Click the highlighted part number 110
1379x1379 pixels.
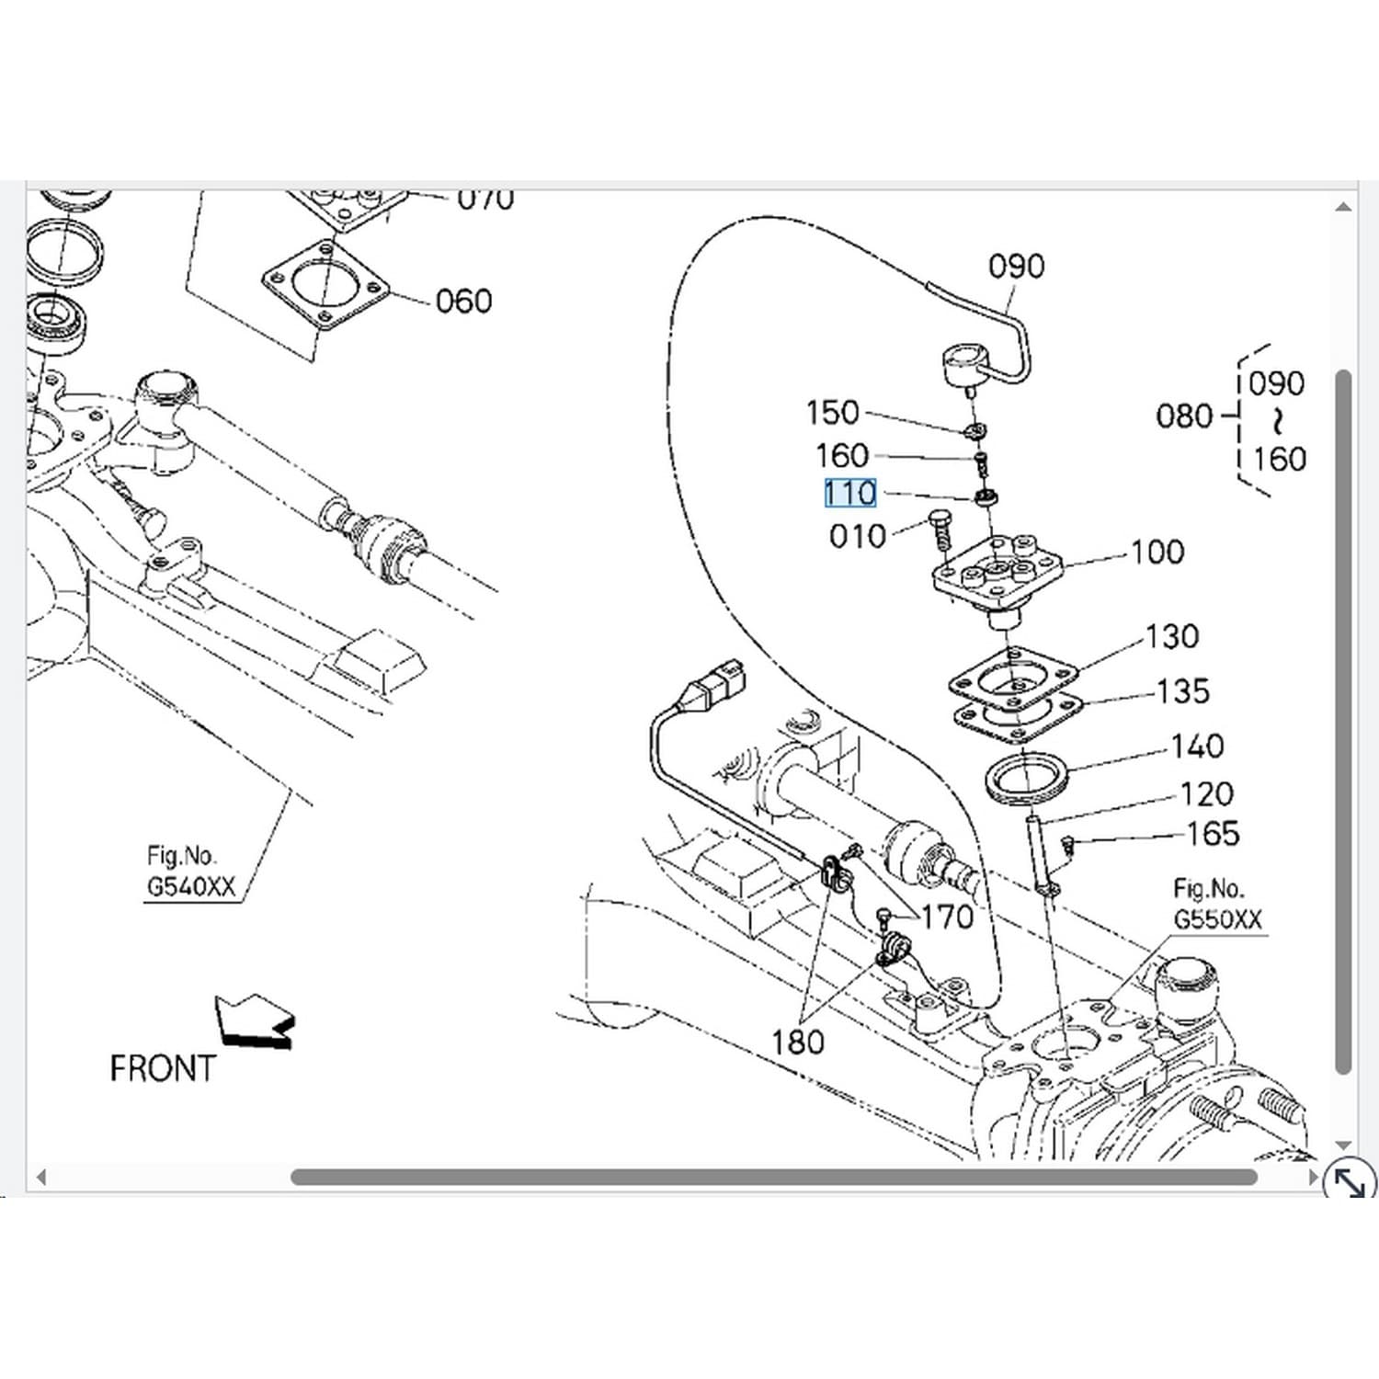[x=850, y=495]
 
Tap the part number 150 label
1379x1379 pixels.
[x=832, y=413]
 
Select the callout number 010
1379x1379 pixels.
[x=857, y=536]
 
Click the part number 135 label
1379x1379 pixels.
[x=1183, y=691]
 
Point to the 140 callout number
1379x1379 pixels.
[x=1197, y=746]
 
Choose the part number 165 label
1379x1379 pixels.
[x=1214, y=834]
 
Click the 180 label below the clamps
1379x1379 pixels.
[x=797, y=1043]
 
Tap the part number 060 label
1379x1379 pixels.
[x=463, y=302]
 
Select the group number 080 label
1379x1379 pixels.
[x=1184, y=416]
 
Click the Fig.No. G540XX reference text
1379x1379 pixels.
[x=191, y=872]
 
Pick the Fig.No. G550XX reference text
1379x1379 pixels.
[x=1217, y=905]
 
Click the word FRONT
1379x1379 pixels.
[x=162, y=1069]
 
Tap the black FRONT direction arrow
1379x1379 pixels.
[x=255, y=1021]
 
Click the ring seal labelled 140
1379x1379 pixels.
[x=1026, y=778]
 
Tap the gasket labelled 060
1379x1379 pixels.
[x=325, y=284]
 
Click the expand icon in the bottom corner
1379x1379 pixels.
[x=1349, y=1180]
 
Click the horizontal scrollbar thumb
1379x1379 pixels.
[x=773, y=1178]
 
